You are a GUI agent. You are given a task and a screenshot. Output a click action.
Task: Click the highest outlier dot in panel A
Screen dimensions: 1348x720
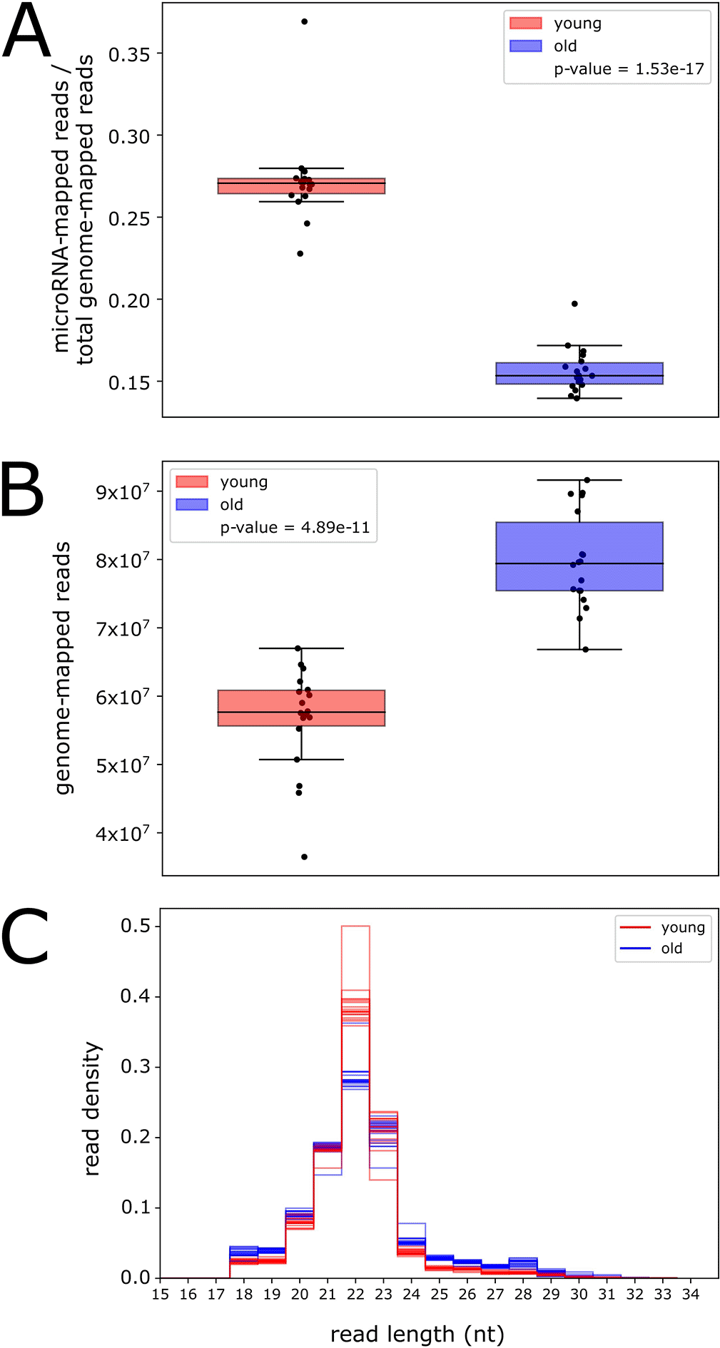(305, 21)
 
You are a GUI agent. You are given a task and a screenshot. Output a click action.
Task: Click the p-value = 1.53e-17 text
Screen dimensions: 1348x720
(629, 69)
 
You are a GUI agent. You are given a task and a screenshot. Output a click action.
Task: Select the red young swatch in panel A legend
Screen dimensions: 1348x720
(526, 24)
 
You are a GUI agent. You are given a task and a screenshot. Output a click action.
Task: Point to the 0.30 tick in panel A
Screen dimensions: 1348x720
(129, 136)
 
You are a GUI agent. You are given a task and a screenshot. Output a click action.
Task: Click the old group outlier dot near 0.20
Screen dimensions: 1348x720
(574, 304)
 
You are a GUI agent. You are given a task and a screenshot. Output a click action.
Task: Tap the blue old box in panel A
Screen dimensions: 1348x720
(579, 374)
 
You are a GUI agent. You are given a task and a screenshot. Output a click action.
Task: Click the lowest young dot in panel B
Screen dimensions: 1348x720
(305, 857)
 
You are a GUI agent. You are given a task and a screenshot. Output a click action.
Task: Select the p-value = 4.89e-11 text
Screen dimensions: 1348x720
(295, 528)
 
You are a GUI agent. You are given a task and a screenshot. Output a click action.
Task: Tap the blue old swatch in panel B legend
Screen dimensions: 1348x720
(192, 505)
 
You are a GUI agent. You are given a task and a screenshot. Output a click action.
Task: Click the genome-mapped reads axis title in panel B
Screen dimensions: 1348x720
(64, 668)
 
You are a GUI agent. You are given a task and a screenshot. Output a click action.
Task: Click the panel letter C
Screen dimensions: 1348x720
(25, 936)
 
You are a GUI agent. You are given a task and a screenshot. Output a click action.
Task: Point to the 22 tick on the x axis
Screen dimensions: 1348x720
(355, 1295)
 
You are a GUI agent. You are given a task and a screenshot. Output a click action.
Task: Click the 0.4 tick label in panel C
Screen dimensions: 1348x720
(135, 996)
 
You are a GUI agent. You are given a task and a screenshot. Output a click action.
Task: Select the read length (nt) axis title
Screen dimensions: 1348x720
(417, 1334)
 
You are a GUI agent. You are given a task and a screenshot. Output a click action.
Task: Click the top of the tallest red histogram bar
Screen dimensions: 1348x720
(355, 926)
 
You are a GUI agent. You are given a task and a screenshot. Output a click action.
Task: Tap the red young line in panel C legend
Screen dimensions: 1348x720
(635, 927)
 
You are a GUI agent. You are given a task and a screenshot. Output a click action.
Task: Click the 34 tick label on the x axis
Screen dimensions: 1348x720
(690, 1295)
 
